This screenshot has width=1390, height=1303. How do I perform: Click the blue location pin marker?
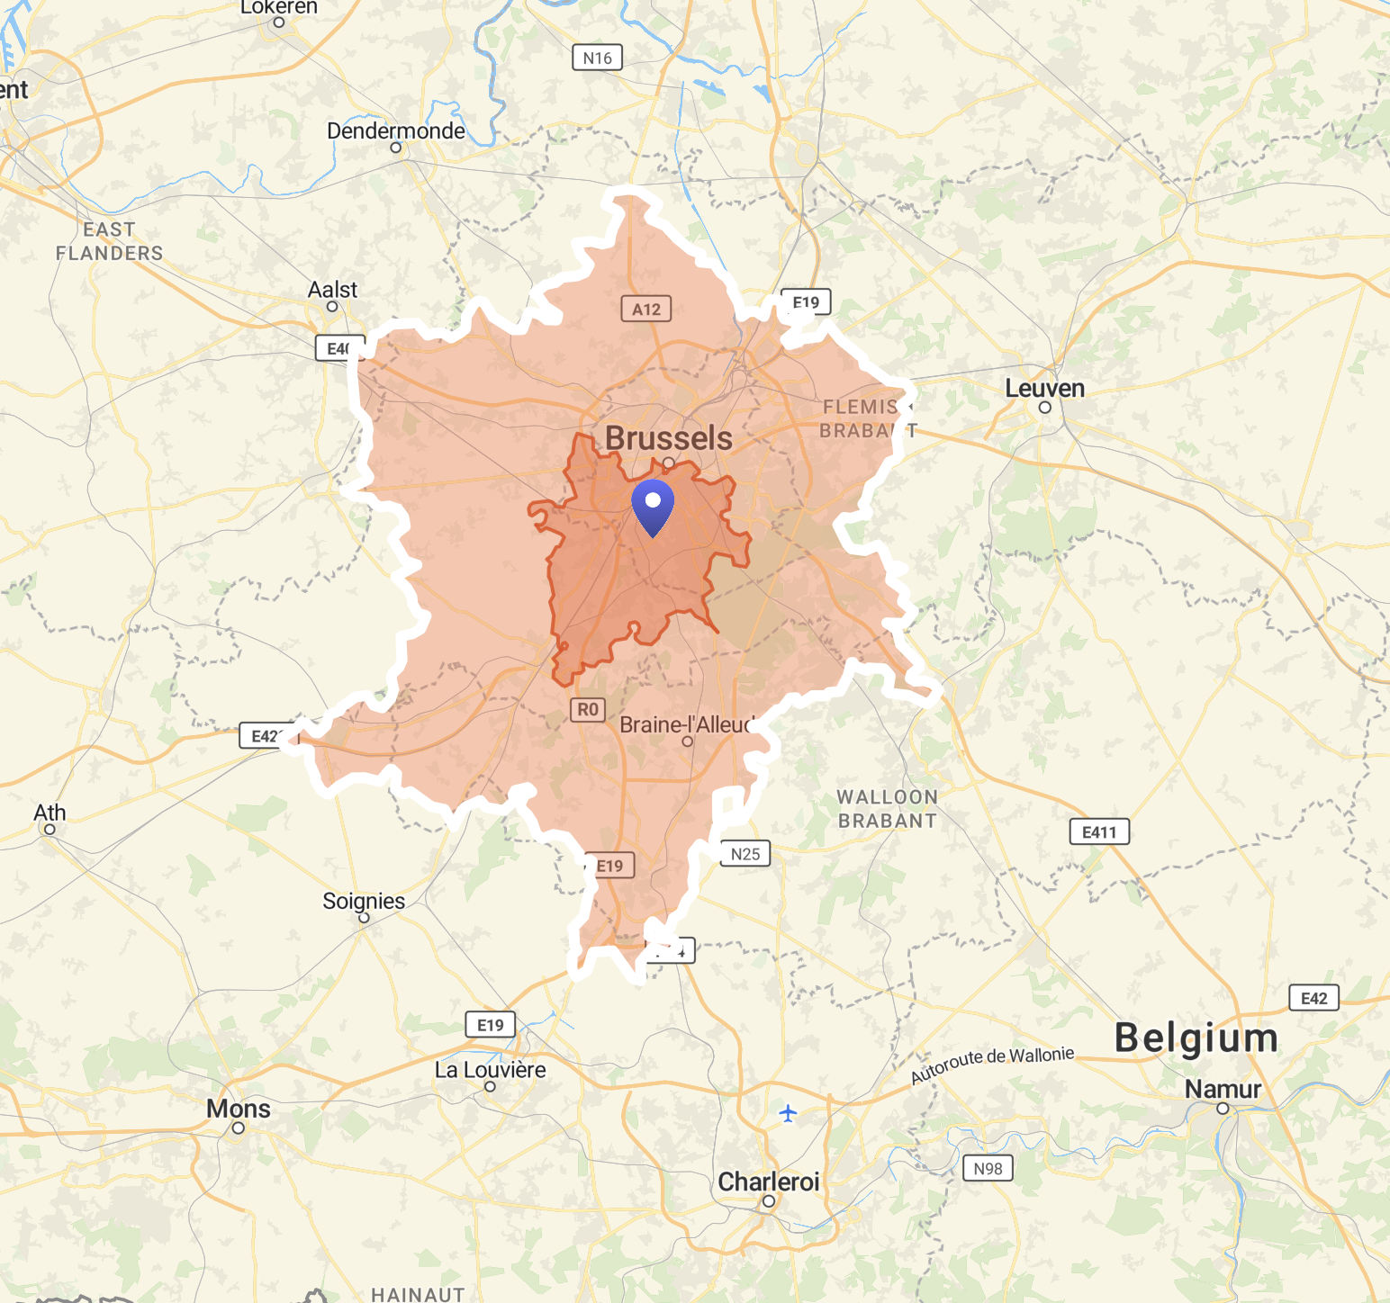click(x=653, y=507)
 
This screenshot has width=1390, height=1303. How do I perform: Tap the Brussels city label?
click(x=668, y=438)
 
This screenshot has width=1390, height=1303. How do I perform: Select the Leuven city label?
click(x=1044, y=389)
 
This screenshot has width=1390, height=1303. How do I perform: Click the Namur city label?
click(x=1222, y=1090)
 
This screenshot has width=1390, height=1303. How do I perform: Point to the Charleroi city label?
click(x=768, y=1182)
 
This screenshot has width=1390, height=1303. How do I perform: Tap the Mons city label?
click(x=238, y=1109)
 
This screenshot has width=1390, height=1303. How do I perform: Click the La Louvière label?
click(x=490, y=1070)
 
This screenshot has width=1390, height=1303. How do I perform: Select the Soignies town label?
click(x=364, y=901)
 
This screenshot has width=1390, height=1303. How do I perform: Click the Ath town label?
click(x=50, y=813)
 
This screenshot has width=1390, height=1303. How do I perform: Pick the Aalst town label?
click(x=332, y=290)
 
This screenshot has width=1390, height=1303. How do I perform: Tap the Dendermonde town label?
click(x=395, y=131)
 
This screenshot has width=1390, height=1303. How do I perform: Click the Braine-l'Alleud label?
click(x=686, y=724)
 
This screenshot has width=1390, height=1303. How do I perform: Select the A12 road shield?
click(x=645, y=310)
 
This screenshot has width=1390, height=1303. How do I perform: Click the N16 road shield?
click(x=597, y=58)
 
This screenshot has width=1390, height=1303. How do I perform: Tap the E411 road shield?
click(x=1098, y=832)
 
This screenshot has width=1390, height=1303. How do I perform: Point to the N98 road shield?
click(x=988, y=1169)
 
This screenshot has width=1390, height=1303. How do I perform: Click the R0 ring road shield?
click(x=587, y=710)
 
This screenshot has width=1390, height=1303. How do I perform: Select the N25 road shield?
click(x=745, y=854)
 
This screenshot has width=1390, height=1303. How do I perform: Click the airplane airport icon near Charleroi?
click(x=788, y=1114)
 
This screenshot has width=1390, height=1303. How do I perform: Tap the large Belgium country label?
click(x=1196, y=1038)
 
